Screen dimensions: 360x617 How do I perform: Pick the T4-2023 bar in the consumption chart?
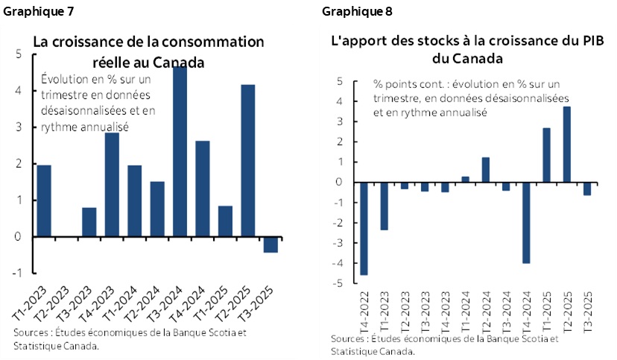point(112,184)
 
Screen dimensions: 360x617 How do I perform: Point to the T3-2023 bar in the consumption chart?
point(89,221)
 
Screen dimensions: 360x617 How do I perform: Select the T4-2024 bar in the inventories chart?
point(526,222)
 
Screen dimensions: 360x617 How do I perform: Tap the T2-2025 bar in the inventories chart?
point(566,144)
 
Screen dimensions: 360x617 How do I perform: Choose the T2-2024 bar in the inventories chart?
point(485,169)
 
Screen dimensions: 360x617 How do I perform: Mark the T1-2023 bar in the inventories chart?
point(384,206)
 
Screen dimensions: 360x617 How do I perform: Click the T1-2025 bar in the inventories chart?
point(546,155)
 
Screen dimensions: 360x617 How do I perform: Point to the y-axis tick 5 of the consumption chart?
point(18,54)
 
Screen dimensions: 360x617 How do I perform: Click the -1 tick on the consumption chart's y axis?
point(16,273)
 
